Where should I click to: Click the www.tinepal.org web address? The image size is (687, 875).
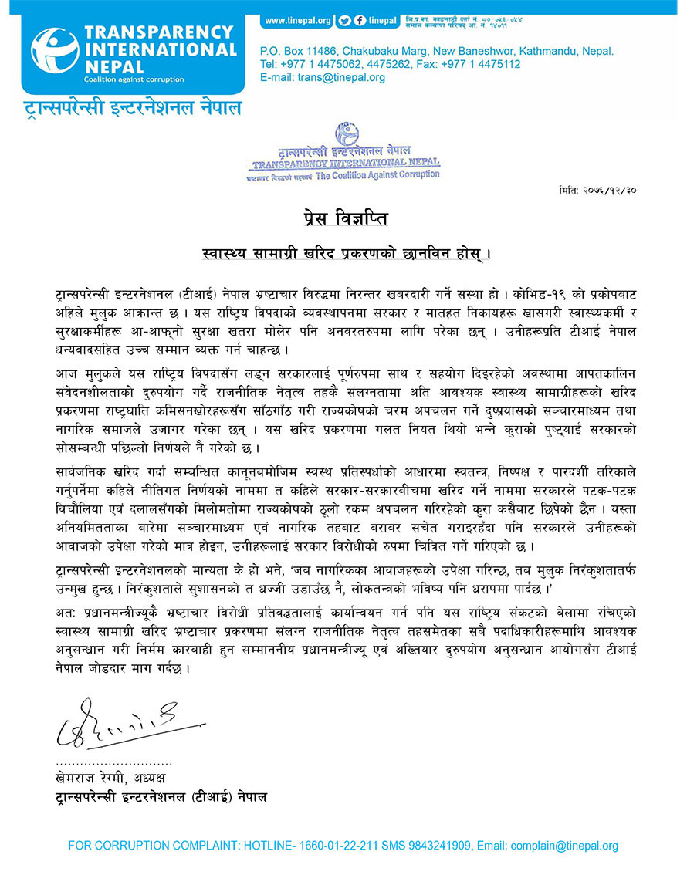coord(297,19)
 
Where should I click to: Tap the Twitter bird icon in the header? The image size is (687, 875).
coord(345,19)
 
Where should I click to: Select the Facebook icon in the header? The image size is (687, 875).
coord(360,19)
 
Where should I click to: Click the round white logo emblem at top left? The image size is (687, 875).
coord(55,52)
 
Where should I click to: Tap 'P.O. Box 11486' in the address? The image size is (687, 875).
coord(296,51)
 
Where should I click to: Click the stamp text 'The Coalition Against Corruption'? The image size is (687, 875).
coord(378,174)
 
